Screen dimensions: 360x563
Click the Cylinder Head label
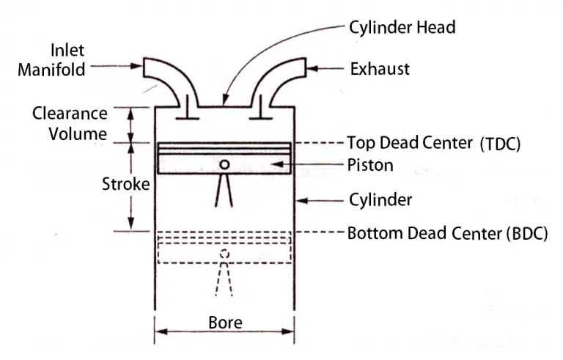click(401, 27)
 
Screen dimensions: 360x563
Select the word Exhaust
click(380, 69)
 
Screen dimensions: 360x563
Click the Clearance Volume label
click(70, 124)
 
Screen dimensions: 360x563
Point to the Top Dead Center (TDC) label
click(433, 142)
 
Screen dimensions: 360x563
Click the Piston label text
click(369, 166)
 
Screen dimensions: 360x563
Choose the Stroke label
click(125, 184)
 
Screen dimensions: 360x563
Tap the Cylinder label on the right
click(379, 199)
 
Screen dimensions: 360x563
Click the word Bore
click(225, 323)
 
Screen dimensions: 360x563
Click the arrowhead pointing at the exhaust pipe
click(310, 69)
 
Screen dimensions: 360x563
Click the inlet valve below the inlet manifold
click(188, 111)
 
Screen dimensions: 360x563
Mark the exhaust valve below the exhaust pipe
click(258, 111)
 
